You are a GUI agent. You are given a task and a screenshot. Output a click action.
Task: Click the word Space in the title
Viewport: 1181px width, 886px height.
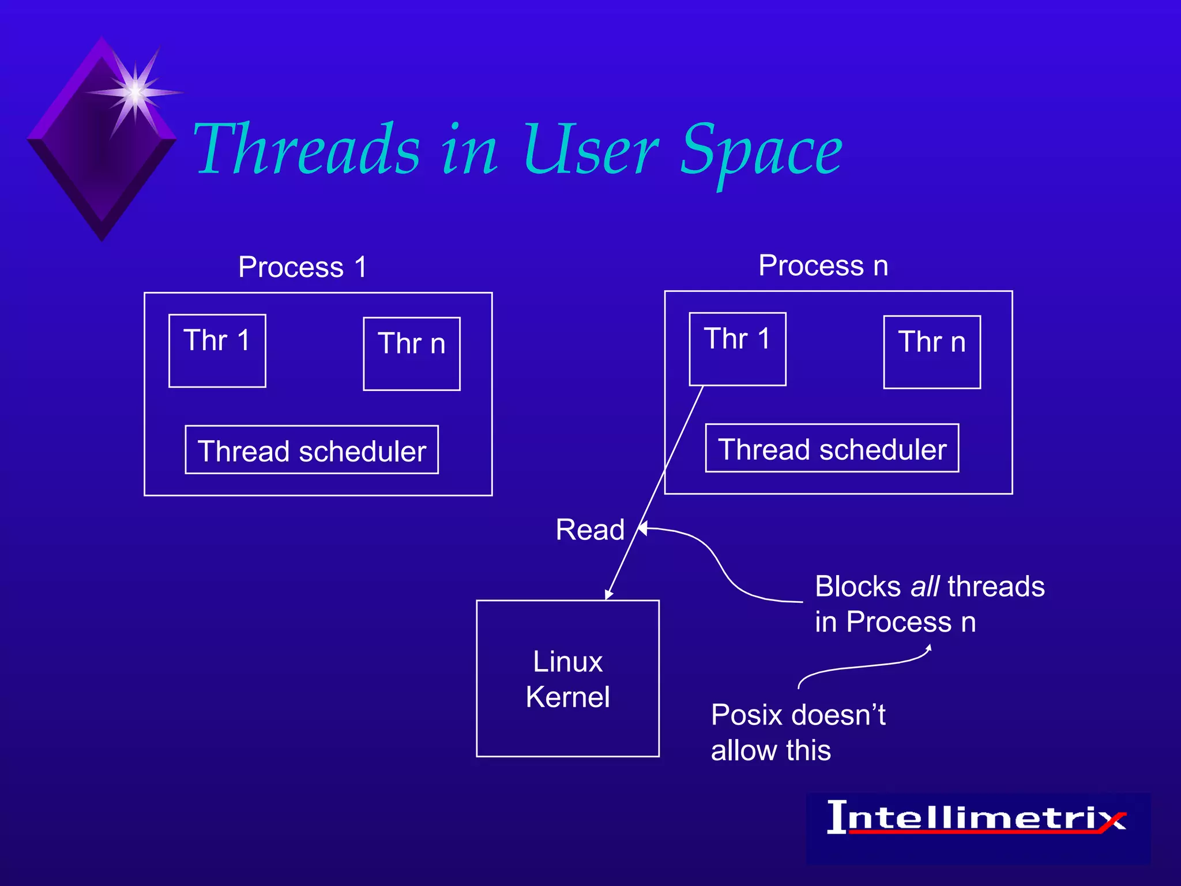click(761, 151)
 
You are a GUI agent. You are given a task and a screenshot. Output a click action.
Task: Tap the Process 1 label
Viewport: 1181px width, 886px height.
click(303, 267)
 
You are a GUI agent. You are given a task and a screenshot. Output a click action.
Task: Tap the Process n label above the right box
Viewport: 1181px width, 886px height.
click(823, 265)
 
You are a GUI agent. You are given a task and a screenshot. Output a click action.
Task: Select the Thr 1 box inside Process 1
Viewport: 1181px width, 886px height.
click(217, 351)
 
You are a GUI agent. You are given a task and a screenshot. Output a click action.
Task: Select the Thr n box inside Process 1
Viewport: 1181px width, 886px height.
click(412, 354)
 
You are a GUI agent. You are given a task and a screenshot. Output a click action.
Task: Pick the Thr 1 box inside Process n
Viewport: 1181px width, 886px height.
click(738, 349)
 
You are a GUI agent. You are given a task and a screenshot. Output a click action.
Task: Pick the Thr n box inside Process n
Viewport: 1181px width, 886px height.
click(932, 352)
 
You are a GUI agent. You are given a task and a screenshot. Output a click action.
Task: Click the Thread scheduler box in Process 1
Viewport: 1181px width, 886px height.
click(311, 450)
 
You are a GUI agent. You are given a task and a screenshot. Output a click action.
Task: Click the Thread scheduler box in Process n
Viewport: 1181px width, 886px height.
click(832, 448)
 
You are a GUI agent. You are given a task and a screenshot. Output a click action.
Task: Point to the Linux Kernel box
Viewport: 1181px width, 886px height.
click(567, 678)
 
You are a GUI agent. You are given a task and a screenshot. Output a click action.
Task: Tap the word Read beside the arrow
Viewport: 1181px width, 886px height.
click(590, 530)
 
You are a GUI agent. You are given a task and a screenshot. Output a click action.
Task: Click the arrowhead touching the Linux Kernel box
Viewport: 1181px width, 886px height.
click(609, 595)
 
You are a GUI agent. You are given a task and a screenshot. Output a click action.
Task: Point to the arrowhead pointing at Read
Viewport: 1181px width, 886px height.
click(643, 528)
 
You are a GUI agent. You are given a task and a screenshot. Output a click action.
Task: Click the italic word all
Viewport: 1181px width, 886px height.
click(925, 587)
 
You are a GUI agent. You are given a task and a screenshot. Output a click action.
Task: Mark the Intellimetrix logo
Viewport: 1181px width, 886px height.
click(977, 819)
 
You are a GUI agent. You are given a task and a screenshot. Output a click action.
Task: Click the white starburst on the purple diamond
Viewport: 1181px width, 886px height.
click(135, 91)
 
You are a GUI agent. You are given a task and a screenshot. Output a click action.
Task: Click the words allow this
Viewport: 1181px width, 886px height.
click(770, 750)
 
